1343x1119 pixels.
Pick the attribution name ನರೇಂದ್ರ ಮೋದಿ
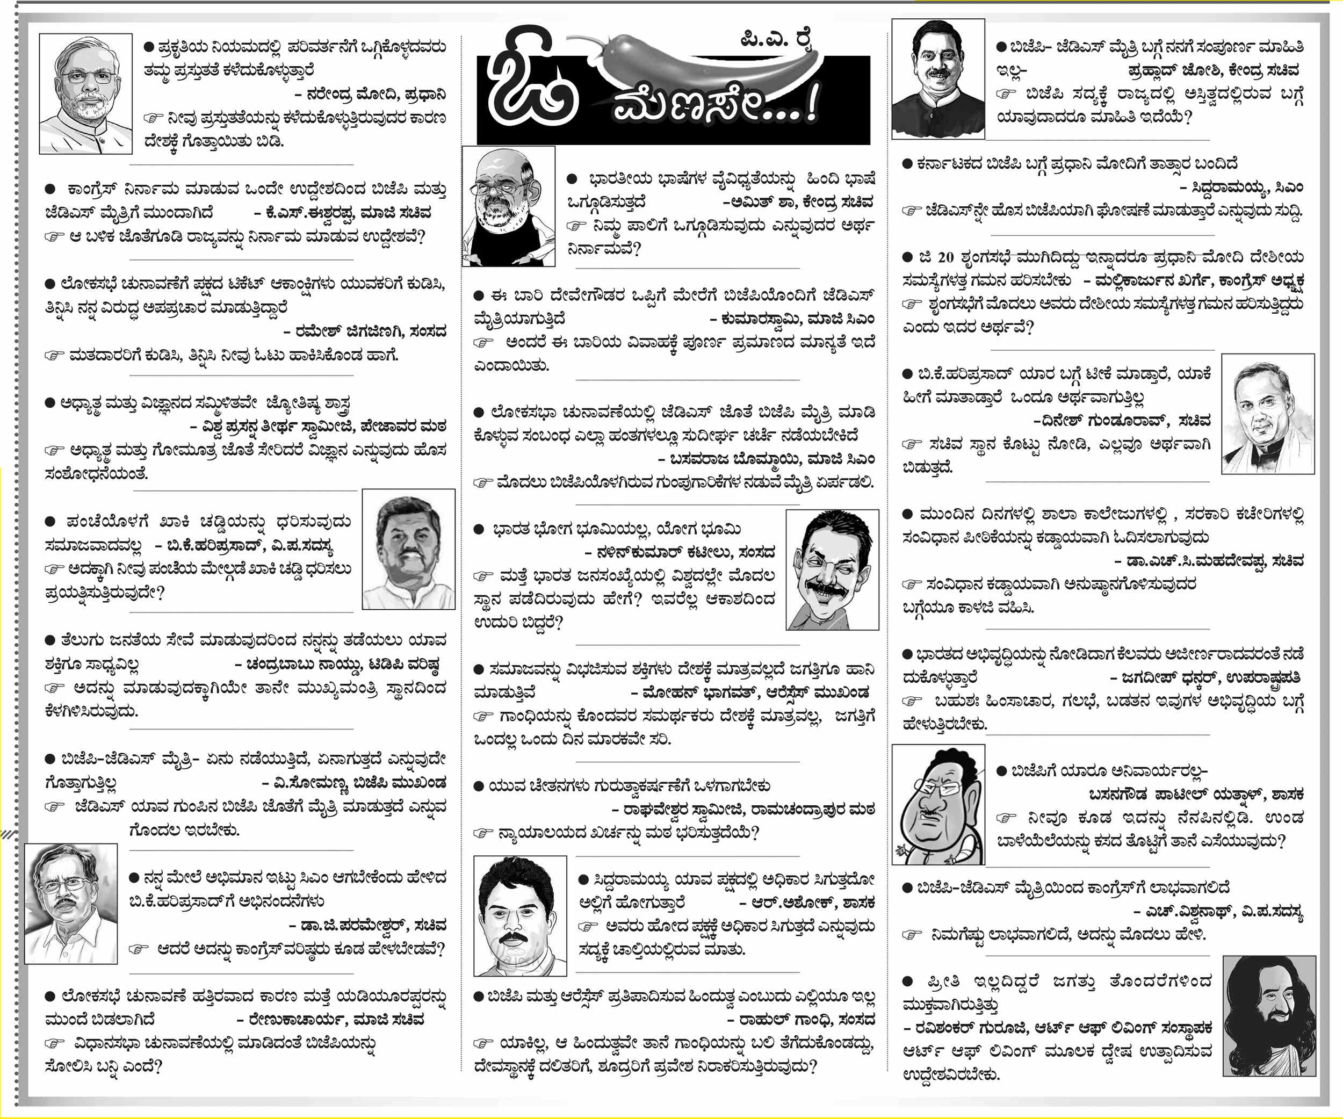[x=359, y=95]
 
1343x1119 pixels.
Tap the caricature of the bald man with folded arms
[x=508, y=206]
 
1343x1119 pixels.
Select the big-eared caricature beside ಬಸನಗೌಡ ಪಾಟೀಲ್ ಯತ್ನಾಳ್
[x=938, y=804]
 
